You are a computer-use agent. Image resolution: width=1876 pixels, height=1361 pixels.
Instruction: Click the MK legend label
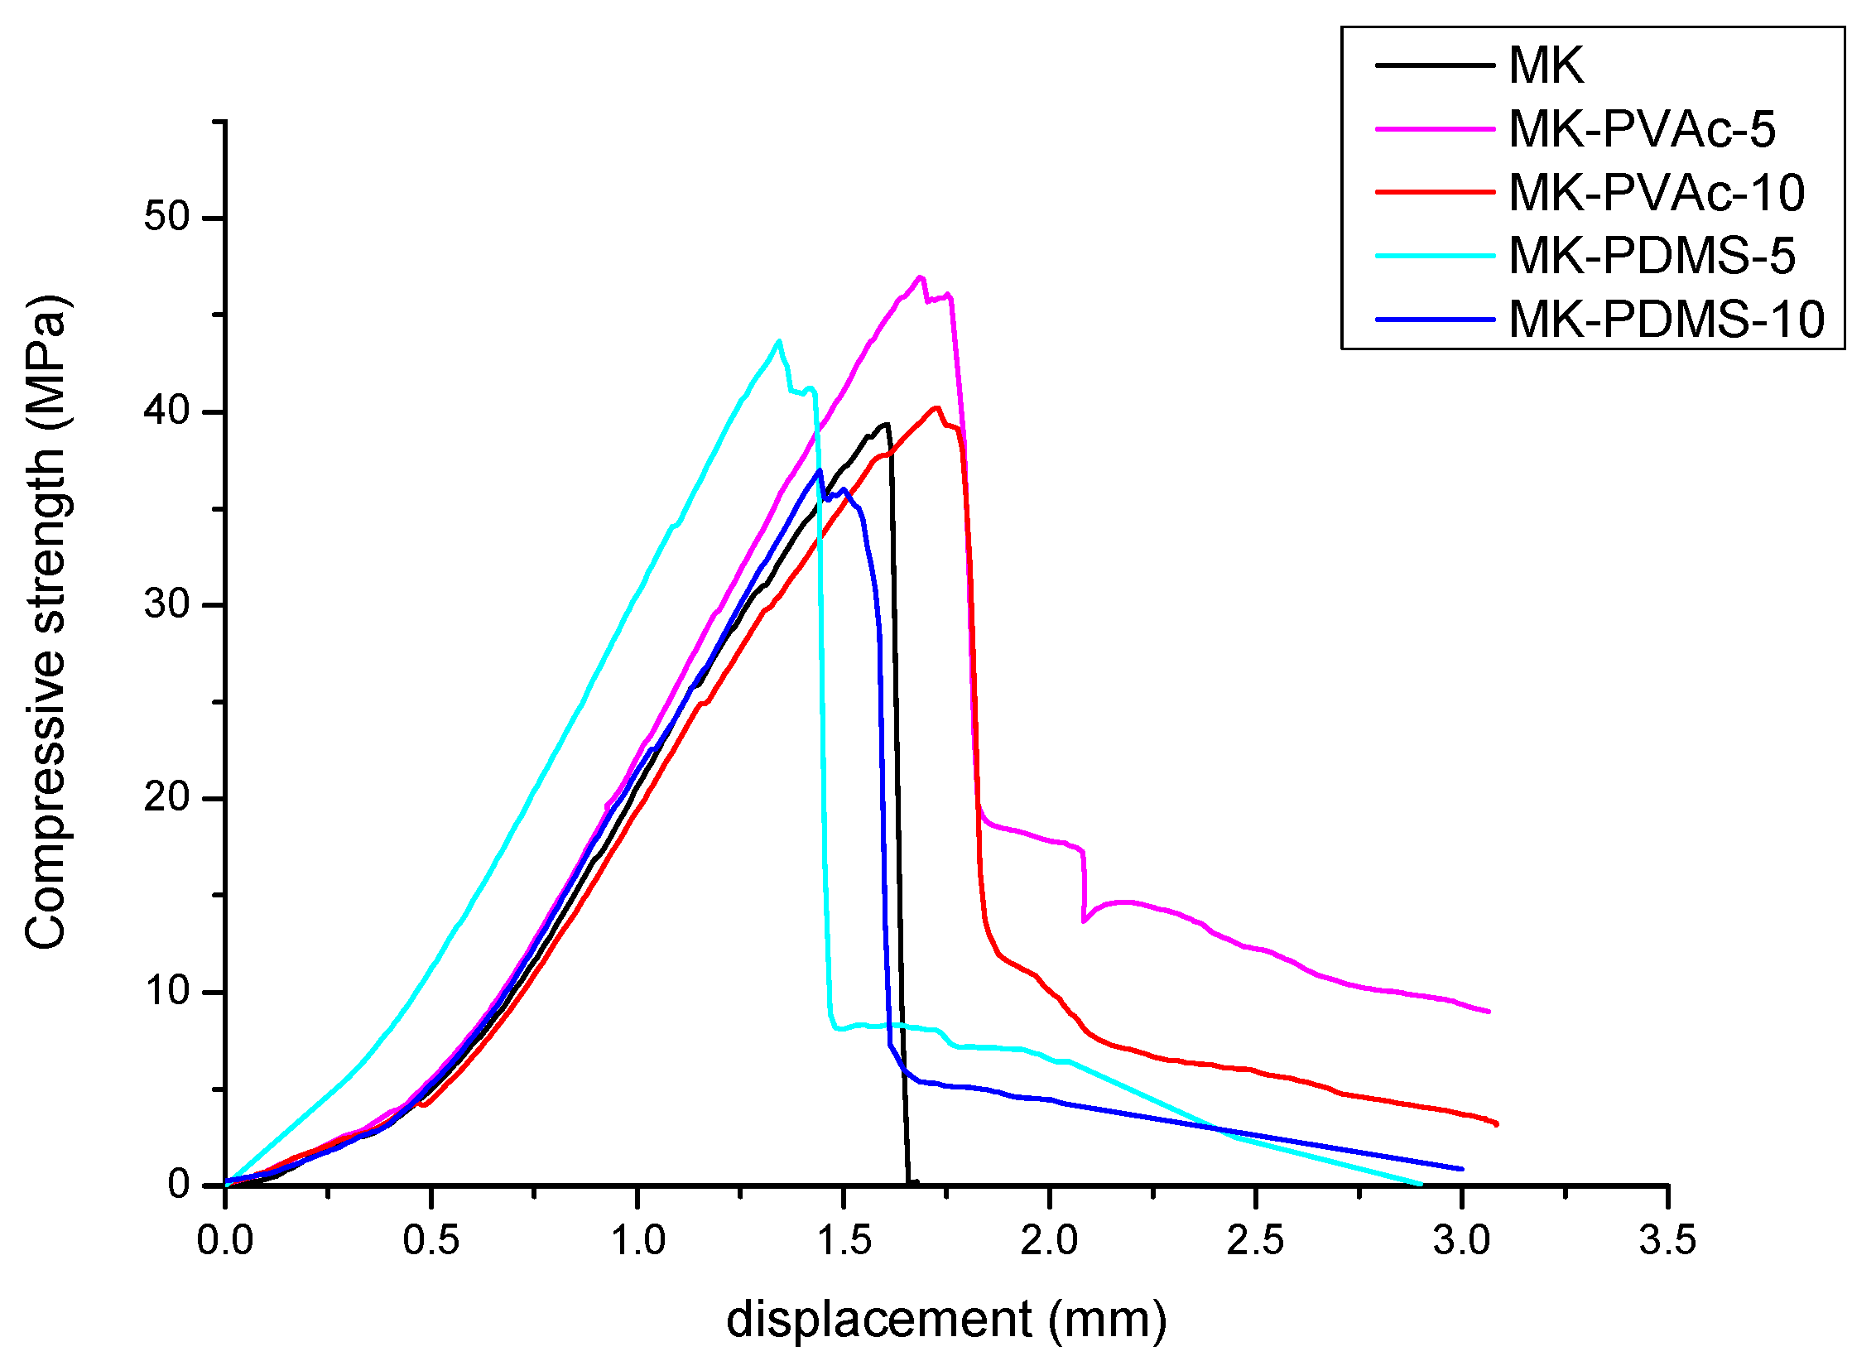click(x=1545, y=65)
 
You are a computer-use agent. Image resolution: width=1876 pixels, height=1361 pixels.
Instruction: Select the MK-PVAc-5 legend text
click(x=1642, y=129)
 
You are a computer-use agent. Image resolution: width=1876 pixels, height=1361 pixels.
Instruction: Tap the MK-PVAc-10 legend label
click(x=1657, y=193)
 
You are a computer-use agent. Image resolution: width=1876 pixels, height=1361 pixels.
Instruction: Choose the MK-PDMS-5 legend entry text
click(x=1652, y=256)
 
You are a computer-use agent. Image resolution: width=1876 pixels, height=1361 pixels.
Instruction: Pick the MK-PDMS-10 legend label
click(x=1666, y=320)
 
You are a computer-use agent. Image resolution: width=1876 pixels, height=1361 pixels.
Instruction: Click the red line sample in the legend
click(x=1435, y=192)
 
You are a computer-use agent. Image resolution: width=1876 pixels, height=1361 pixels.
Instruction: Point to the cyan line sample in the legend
click(x=1435, y=256)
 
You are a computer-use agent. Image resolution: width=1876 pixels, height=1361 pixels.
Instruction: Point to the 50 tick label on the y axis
click(x=167, y=218)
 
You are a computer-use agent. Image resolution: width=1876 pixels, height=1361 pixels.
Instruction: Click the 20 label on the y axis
click(x=167, y=798)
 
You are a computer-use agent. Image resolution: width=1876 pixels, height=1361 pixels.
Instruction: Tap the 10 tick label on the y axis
click(x=167, y=992)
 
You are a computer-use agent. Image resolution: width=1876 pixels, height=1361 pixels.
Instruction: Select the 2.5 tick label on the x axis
click(x=1255, y=1241)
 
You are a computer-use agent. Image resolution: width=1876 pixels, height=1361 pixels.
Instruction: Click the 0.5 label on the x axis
click(x=431, y=1241)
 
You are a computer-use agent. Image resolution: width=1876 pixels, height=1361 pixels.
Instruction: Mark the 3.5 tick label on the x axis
click(x=1667, y=1241)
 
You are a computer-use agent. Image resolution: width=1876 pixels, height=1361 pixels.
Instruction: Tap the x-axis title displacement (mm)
click(x=945, y=1320)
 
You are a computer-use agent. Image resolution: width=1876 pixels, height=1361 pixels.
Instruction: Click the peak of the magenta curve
click(x=920, y=277)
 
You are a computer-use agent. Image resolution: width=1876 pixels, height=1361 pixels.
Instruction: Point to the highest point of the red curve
click(x=936, y=407)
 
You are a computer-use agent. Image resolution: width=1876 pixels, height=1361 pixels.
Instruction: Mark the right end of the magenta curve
click(x=1488, y=1012)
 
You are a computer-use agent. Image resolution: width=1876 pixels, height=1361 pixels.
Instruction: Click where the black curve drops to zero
click(x=910, y=1182)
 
